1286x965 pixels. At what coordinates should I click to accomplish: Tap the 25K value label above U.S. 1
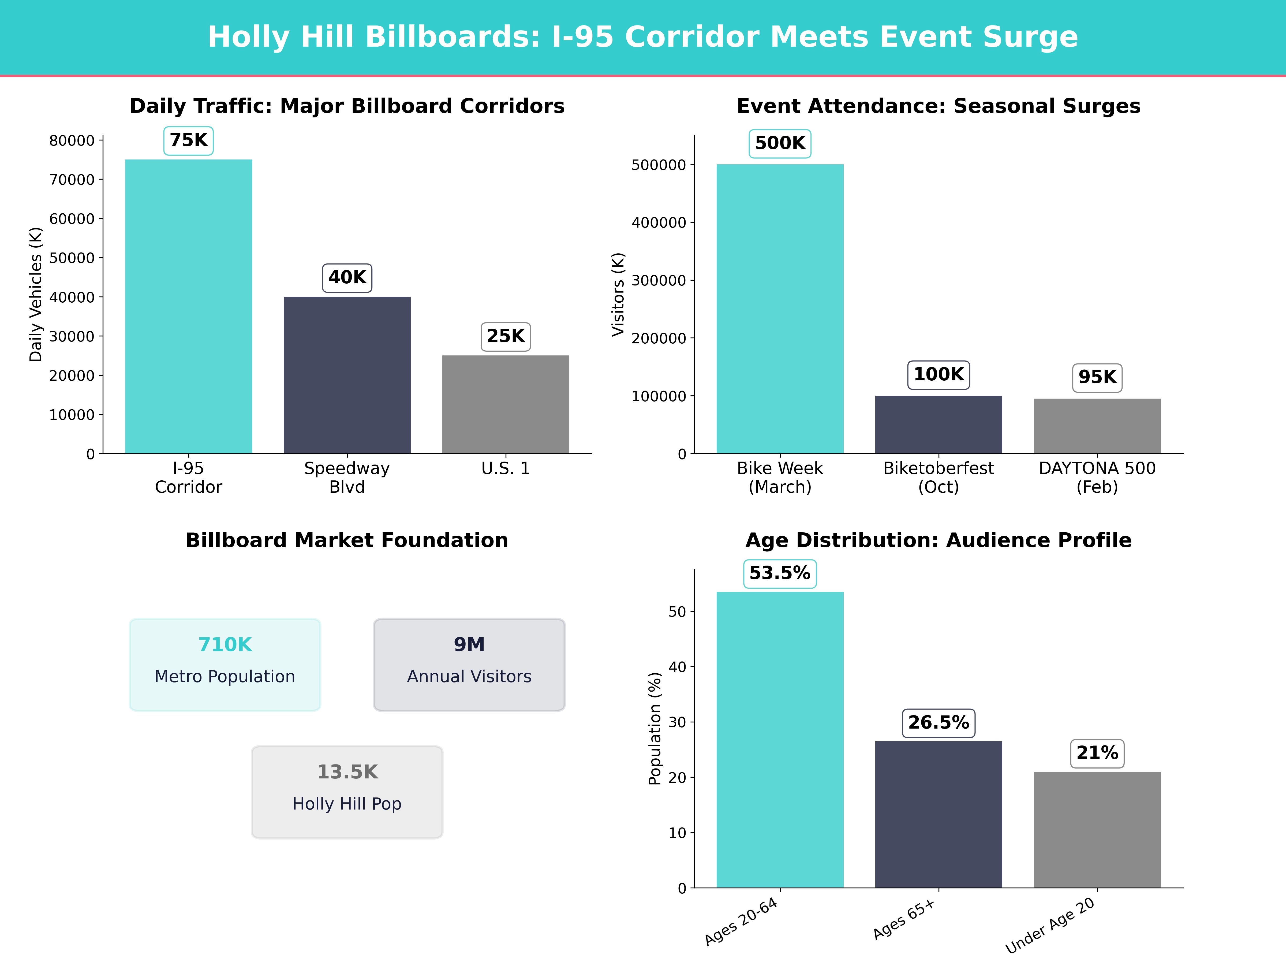click(505, 336)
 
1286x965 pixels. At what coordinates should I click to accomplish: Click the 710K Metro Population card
click(225, 664)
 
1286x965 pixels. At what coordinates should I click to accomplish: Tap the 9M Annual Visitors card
click(469, 664)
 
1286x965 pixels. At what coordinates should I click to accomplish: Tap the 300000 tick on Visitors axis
click(659, 280)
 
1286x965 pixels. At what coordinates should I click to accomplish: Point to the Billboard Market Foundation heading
click(347, 540)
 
